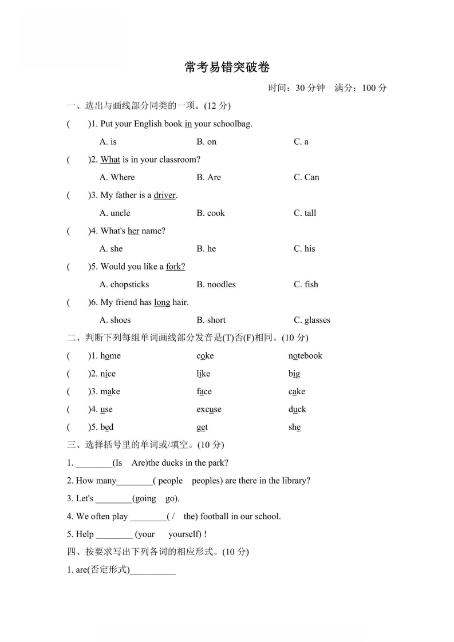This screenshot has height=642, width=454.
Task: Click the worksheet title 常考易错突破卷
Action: coord(227,67)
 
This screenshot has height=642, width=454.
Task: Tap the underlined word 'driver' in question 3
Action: coord(165,195)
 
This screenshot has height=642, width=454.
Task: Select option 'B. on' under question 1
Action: coord(206,141)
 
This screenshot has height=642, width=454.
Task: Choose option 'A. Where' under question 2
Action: coord(117,177)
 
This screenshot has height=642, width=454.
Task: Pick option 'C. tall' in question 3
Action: coord(305,213)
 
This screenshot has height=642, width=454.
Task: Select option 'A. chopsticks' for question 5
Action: coord(124,284)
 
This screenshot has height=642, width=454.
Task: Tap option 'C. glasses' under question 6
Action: coord(312,320)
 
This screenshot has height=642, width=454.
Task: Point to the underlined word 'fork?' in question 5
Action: coord(175,267)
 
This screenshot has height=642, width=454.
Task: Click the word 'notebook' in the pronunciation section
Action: coord(305,356)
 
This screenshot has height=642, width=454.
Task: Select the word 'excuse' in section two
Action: coord(208,409)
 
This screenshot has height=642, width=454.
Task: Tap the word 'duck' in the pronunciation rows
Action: coord(297,409)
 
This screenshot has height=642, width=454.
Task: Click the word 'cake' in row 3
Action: coord(297,391)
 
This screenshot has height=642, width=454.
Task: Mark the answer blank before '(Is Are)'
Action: coord(94,463)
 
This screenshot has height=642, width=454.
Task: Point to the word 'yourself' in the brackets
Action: coord(184,534)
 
